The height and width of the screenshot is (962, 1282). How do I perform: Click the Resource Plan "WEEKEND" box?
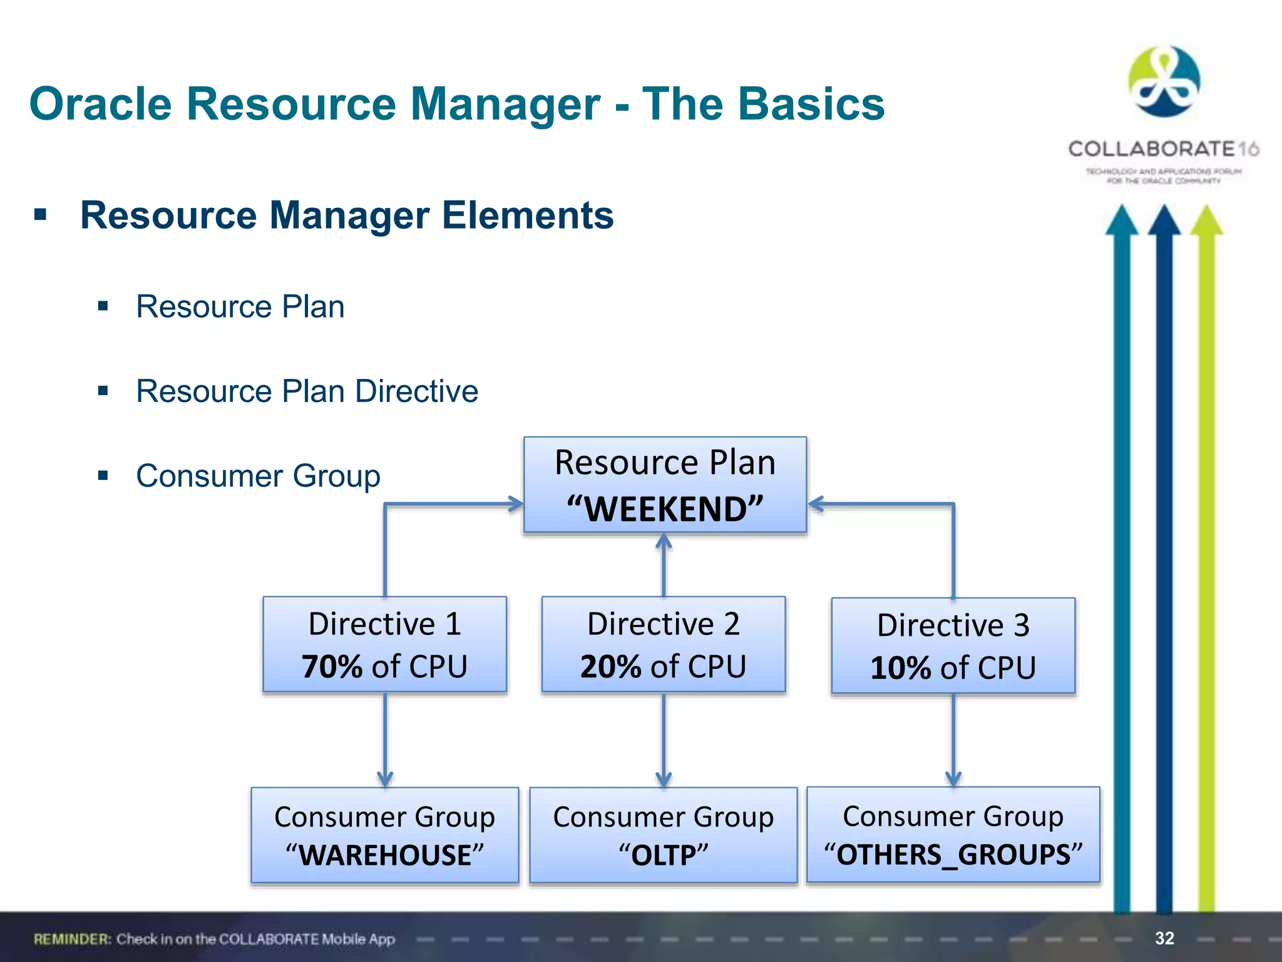point(665,485)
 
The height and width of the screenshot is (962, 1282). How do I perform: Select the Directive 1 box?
point(384,644)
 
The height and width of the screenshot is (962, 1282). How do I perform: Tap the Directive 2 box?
point(663,644)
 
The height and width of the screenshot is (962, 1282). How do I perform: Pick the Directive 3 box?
point(953,646)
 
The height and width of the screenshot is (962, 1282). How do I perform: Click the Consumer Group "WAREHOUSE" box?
point(384,835)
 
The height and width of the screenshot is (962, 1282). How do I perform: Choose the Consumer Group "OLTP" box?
point(663,835)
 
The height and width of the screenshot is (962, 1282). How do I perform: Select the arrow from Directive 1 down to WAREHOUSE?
point(385,739)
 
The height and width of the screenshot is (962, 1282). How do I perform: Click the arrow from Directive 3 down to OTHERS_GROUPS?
point(953,739)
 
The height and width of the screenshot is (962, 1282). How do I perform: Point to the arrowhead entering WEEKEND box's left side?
point(515,504)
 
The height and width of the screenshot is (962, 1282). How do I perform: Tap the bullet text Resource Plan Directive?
point(307,391)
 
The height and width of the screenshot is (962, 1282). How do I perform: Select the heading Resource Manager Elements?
point(347,215)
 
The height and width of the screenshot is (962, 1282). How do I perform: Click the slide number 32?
point(1164,938)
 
